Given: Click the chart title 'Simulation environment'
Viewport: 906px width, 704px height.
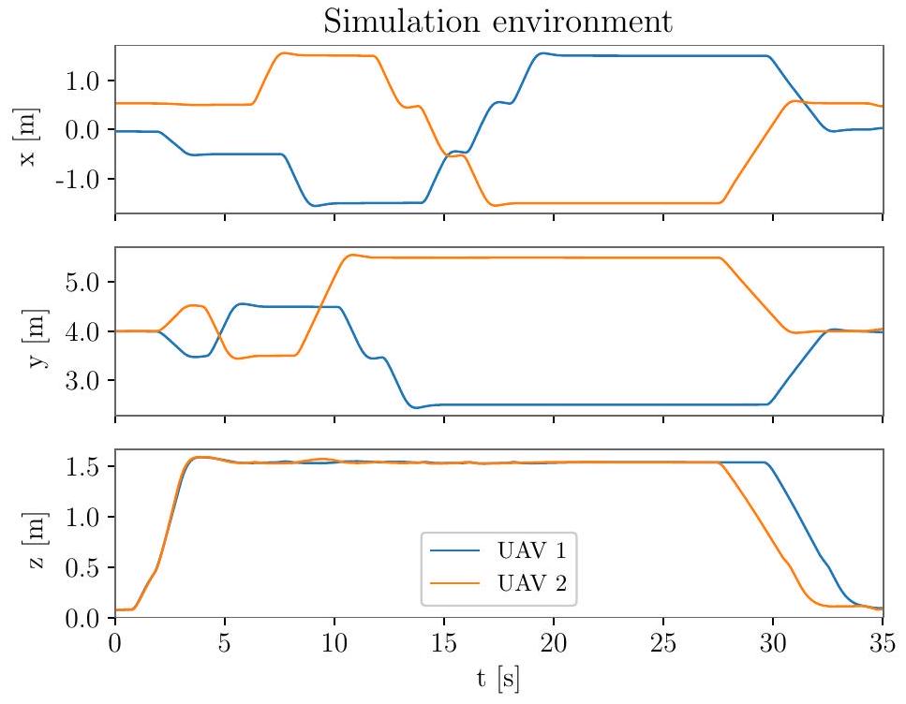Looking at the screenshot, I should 498,21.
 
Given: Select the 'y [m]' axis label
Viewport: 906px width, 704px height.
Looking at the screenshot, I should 28,330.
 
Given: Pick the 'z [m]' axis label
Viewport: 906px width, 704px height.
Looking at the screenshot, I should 28,533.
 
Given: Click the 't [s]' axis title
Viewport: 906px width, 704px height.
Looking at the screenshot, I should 498,679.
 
